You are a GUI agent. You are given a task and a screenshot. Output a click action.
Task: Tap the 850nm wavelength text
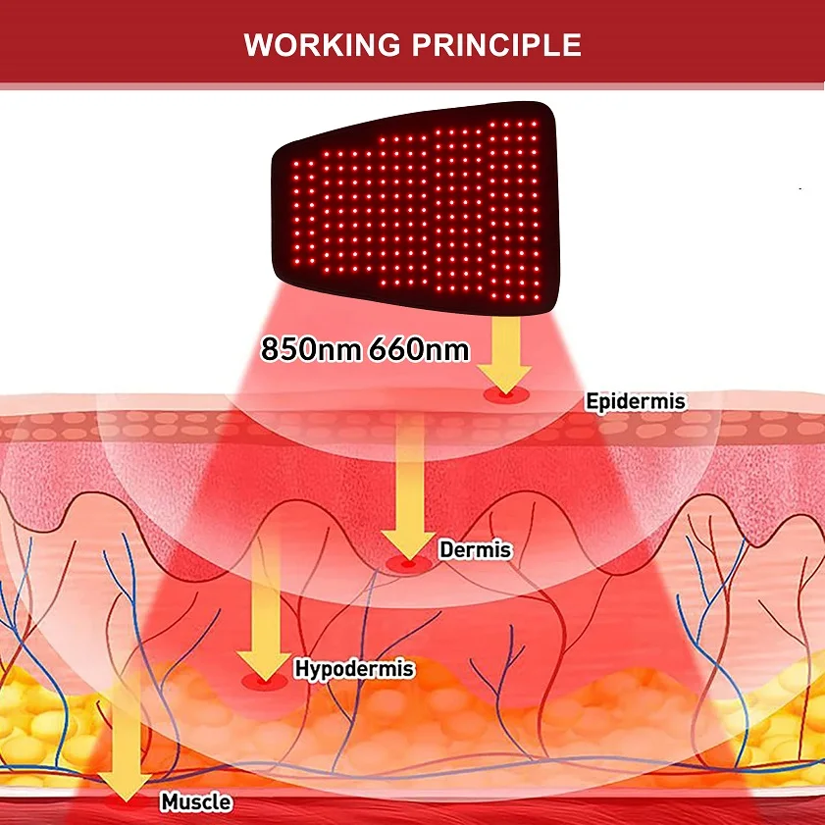click(310, 349)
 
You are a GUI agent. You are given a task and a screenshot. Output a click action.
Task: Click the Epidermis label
click(636, 401)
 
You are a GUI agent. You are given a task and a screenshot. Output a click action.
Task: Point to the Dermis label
click(475, 549)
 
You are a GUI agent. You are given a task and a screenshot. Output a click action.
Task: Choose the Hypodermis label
click(354, 670)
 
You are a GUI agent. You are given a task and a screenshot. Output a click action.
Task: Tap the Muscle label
click(196, 801)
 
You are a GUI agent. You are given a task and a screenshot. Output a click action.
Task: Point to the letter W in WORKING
click(257, 45)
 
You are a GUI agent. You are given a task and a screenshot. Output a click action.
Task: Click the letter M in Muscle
click(168, 801)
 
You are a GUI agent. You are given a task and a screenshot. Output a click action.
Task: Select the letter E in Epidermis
click(592, 401)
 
